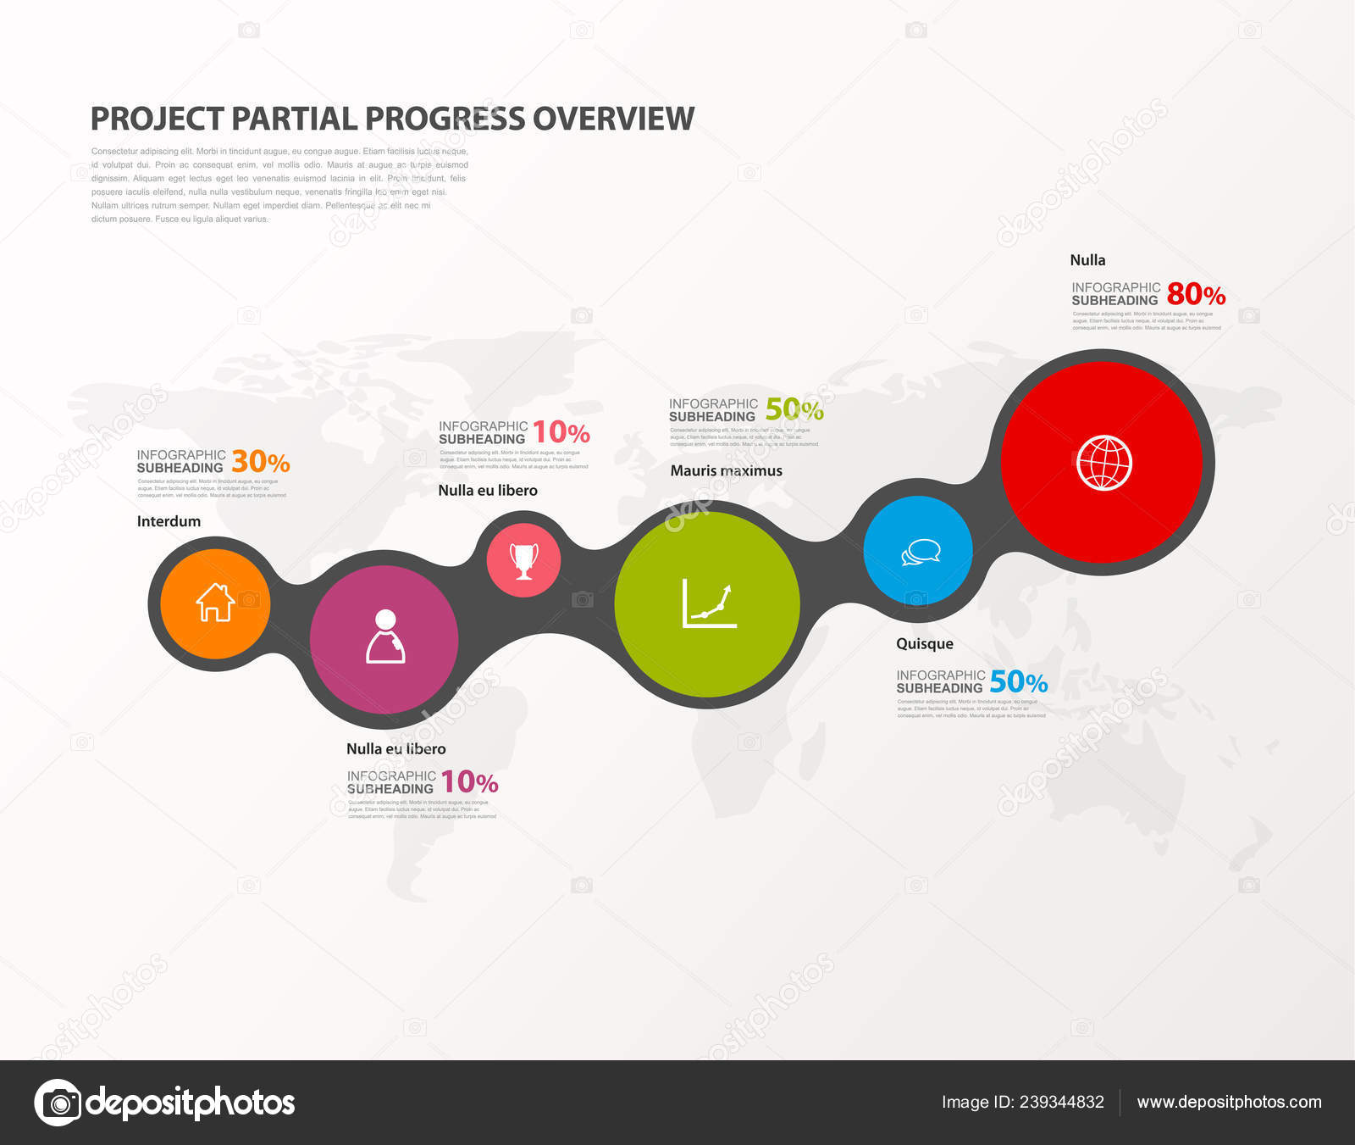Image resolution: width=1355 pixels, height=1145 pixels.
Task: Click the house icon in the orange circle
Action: point(215,603)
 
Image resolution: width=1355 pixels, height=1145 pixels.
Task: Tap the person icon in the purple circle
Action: point(385,636)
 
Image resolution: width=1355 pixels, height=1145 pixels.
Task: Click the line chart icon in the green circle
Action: point(708,604)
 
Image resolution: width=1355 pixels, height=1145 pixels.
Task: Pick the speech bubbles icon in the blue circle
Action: point(921,552)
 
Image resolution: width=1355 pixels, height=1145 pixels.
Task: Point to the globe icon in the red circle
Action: point(1103,463)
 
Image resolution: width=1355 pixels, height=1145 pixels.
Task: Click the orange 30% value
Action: point(261,462)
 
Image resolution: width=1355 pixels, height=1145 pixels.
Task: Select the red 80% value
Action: point(1196,294)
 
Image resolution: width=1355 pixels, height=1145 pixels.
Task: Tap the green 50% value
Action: point(794,409)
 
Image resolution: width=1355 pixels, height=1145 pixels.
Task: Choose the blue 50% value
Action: point(1019,681)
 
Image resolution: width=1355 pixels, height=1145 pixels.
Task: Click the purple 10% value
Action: point(469,781)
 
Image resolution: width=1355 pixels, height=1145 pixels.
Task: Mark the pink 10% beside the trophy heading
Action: point(561,433)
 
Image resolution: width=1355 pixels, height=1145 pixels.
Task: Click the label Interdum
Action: point(169,521)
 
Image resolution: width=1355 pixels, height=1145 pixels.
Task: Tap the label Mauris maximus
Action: point(726,470)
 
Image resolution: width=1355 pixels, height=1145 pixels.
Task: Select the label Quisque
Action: point(924,644)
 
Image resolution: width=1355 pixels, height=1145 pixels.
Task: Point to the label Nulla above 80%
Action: point(1087,260)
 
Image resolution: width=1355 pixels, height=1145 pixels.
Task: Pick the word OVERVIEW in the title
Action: point(613,119)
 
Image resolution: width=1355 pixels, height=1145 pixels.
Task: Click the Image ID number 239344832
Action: point(1061,1102)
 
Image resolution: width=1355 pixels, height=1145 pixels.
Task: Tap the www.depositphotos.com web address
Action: point(1229,1102)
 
